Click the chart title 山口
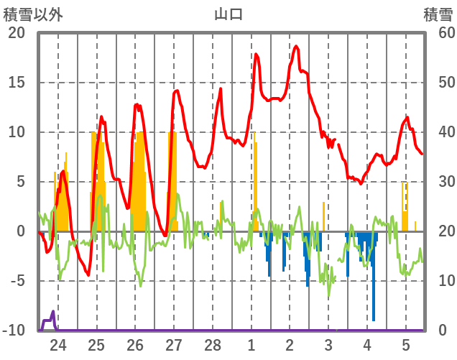pyautogui.click(x=228, y=14)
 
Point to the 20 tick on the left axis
pyautogui.click(x=17, y=33)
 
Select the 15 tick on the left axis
pyautogui.click(x=17, y=83)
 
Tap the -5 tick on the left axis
pyautogui.click(x=17, y=281)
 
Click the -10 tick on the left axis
pyautogui.click(x=14, y=331)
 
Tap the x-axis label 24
pyautogui.click(x=58, y=344)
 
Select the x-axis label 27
pyautogui.click(x=174, y=344)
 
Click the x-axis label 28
pyautogui.click(x=213, y=344)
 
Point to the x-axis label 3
pyautogui.click(x=328, y=344)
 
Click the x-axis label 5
pyautogui.click(x=405, y=344)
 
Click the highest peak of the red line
pyautogui.click(x=295, y=47)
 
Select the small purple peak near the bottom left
pyautogui.click(x=53, y=312)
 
